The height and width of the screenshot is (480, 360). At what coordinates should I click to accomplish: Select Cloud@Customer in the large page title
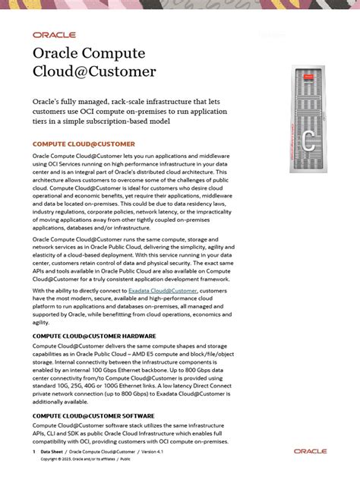point(93,73)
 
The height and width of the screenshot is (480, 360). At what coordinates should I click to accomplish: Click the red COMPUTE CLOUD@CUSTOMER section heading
point(84,144)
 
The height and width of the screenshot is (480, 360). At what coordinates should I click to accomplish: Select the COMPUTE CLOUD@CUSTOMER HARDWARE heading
point(94,336)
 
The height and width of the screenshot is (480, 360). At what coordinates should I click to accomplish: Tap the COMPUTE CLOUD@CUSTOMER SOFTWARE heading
point(93,416)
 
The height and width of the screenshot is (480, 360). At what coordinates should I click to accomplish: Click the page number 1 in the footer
point(34,451)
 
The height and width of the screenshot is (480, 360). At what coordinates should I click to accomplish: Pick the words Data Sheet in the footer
point(52,451)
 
